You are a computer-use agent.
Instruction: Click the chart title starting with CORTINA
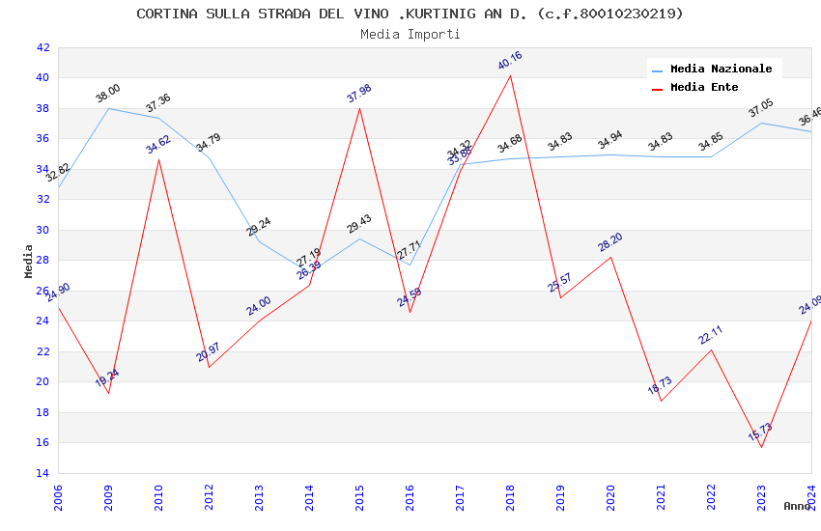(x=410, y=14)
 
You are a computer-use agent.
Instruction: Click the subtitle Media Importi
(x=410, y=34)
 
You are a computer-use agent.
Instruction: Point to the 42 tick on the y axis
(x=42, y=47)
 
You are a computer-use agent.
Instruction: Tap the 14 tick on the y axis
(x=42, y=473)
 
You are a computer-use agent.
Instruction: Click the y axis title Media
(x=29, y=261)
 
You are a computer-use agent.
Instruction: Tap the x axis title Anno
(x=797, y=506)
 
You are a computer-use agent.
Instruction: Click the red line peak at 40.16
(x=510, y=75)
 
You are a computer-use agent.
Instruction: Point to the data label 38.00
(x=108, y=94)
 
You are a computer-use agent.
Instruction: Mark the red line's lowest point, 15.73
(x=761, y=447)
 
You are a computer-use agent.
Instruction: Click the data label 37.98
(x=359, y=94)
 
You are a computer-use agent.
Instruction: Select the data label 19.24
(x=108, y=378)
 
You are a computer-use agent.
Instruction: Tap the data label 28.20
(x=610, y=242)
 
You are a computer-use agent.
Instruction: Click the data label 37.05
(x=761, y=108)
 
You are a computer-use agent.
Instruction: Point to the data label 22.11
(x=711, y=335)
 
